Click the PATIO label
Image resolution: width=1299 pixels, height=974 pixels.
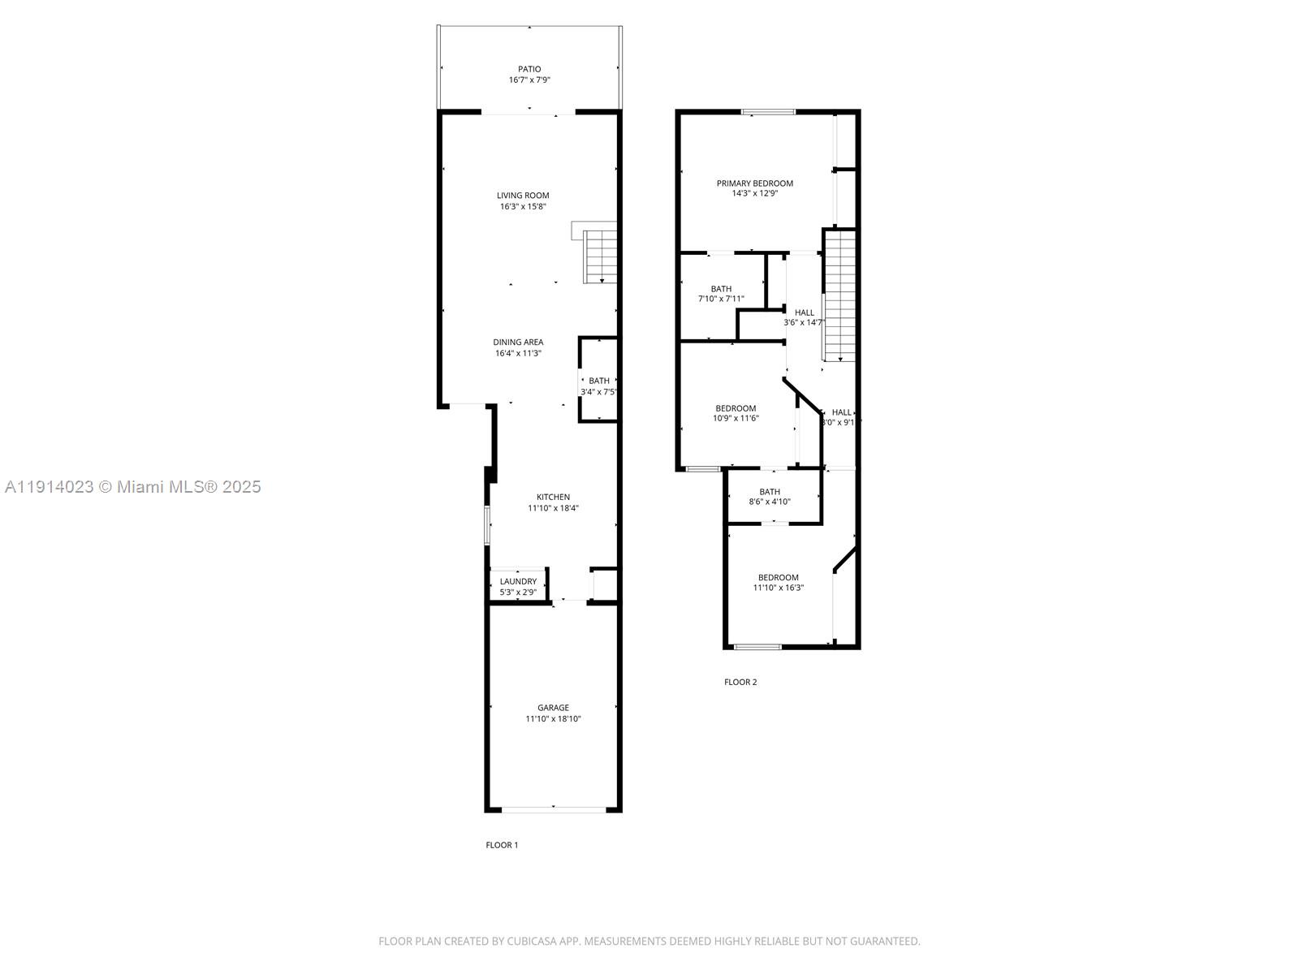(x=529, y=69)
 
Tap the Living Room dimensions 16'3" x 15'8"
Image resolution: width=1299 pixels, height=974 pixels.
(x=523, y=207)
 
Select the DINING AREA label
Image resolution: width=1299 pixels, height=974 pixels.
(x=518, y=342)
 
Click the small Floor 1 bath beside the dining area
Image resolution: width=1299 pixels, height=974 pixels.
(x=599, y=381)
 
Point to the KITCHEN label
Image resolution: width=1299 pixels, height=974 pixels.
(x=553, y=497)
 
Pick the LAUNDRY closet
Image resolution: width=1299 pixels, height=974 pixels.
(x=518, y=585)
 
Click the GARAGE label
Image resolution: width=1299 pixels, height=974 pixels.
(x=553, y=708)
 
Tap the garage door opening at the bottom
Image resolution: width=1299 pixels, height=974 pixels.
(x=554, y=808)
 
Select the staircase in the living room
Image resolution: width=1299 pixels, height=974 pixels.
(x=600, y=256)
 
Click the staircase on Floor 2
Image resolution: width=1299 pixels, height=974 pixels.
(x=841, y=296)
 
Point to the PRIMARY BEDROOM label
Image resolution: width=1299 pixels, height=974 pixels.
(x=754, y=183)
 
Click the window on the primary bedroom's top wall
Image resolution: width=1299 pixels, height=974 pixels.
(x=768, y=111)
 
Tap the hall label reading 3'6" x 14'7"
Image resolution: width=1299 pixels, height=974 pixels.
(x=804, y=322)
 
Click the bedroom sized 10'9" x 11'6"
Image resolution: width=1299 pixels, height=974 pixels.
(x=736, y=413)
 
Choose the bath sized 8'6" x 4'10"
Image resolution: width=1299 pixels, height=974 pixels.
(x=770, y=497)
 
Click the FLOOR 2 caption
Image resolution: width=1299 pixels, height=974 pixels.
(x=740, y=682)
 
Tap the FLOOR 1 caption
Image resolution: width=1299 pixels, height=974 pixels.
(x=502, y=845)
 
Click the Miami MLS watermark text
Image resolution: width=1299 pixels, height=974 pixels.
(x=132, y=486)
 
